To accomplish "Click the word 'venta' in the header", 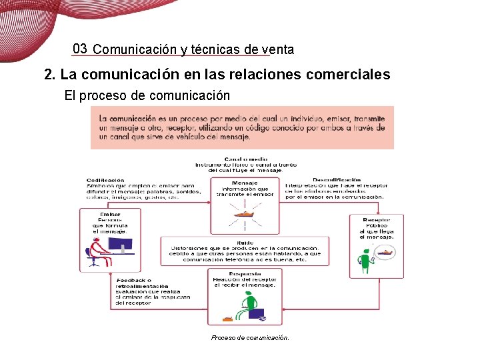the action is point(277,49).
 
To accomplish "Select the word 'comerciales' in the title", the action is point(348,74).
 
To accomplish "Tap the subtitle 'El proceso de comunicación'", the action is point(147,95).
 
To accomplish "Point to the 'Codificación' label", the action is point(105,179).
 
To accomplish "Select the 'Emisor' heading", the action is point(110,214).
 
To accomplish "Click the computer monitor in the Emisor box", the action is point(121,245).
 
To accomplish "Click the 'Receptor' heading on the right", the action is point(377,220).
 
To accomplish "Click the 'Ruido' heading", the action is point(244,242).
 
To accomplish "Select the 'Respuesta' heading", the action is point(244,274).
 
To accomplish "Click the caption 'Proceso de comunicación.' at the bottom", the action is point(250,338).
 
